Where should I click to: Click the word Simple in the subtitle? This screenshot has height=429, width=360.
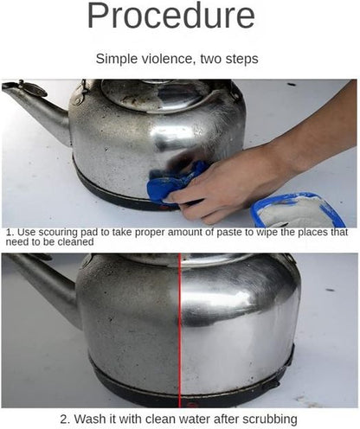116,59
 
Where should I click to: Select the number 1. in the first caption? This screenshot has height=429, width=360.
10,233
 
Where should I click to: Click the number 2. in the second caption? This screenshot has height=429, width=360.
66,419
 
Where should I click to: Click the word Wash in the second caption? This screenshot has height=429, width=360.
93,419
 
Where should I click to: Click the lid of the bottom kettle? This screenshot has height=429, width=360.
186,261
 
